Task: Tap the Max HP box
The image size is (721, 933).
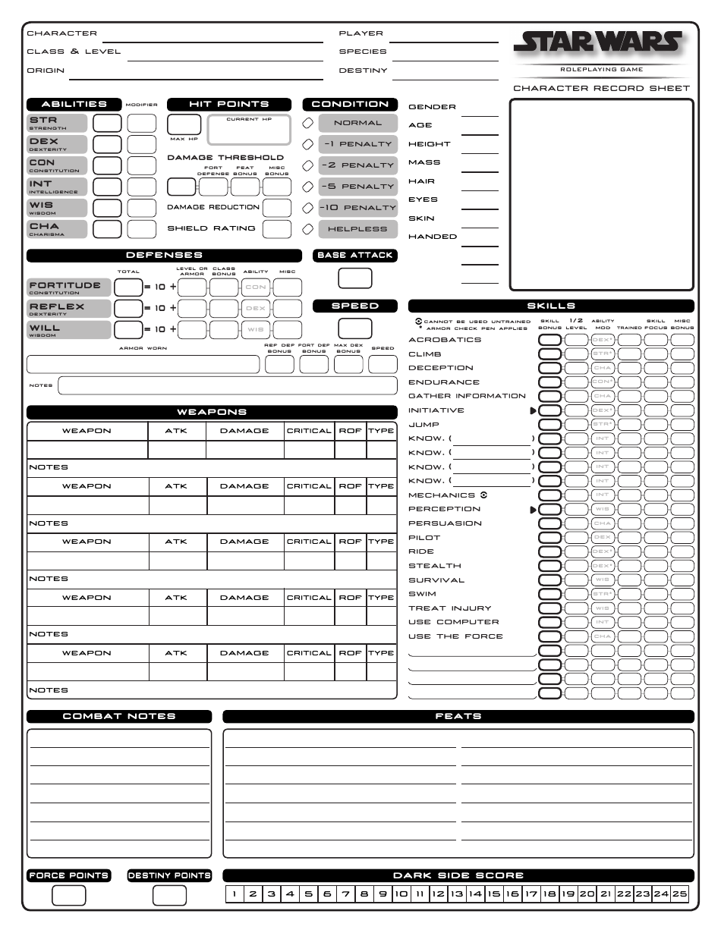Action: coord(184,124)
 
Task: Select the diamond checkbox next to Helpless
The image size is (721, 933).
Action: coord(308,229)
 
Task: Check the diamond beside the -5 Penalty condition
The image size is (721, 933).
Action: coord(308,187)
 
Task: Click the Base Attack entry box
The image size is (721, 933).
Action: coord(354,278)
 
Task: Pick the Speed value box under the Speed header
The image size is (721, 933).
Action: coord(354,328)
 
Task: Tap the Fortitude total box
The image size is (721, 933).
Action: coord(128,287)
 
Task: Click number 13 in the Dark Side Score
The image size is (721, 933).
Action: coord(456,894)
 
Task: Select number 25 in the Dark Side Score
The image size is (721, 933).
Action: coord(679,894)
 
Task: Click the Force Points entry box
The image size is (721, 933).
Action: coord(68,896)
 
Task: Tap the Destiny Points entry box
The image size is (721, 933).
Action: coord(169,896)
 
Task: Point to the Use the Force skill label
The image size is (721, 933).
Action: coord(455,636)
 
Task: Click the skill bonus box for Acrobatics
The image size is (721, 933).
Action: coord(549,340)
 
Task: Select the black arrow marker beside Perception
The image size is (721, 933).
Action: coord(533,510)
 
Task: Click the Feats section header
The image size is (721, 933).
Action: coord(458,716)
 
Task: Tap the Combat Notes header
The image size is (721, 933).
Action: coord(118,716)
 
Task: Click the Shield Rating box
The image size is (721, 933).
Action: coord(277,228)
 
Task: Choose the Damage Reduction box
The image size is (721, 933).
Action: coord(277,208)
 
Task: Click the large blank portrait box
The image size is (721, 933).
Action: coord(601,195)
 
